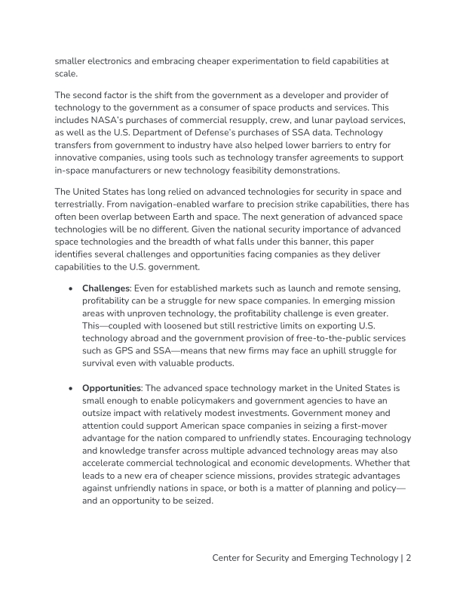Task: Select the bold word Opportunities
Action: coord(112,388)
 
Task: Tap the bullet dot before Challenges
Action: coord(70,288)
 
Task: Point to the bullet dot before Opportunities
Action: coord(70,388)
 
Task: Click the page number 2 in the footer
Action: coord(408,558)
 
